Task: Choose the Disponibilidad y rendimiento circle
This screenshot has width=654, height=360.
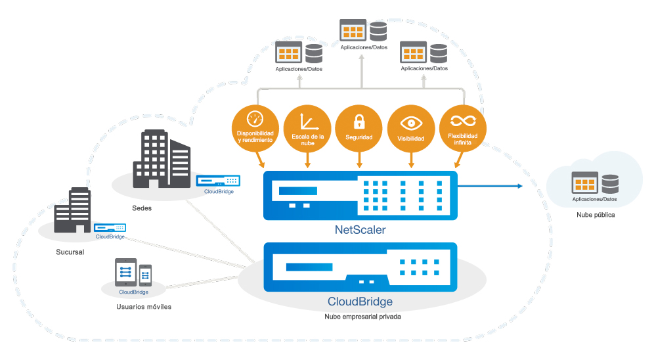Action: tap(255, 127)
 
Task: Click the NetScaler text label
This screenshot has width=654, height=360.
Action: tap(360, 230)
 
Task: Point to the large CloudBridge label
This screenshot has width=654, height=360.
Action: tap(360, 302)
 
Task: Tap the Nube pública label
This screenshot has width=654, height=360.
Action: tap(596, 215)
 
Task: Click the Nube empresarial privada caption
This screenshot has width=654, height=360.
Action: tap(362, 316)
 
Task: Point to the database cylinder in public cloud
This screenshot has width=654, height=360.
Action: tap(610, 183)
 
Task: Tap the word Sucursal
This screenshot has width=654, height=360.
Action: tap(70, 252)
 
